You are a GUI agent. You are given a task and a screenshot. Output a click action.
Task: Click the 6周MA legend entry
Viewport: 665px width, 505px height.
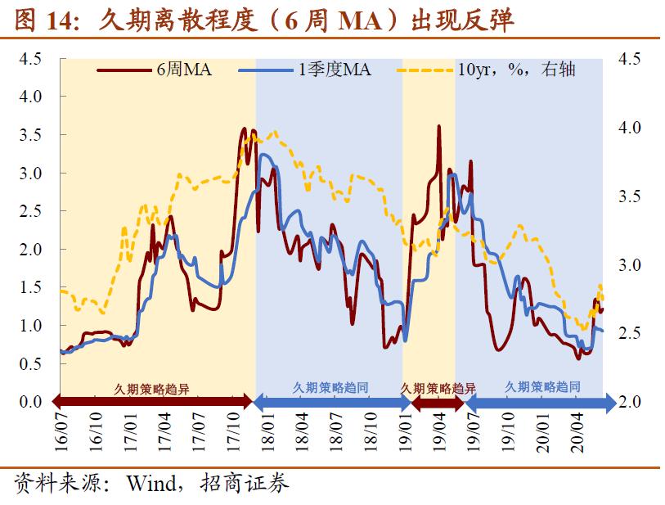click(155, 70)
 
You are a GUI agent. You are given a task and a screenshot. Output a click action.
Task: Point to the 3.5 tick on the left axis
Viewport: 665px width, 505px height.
click(31, 135)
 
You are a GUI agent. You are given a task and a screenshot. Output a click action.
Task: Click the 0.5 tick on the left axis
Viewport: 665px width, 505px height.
click(31, 364)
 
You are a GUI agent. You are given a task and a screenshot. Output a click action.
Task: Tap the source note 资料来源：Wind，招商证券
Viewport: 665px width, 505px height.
click(152, 484)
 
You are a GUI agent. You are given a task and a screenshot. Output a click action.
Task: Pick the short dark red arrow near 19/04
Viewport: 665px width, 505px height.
click(437, 402)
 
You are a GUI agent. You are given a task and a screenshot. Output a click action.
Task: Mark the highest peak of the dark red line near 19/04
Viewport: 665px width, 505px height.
click(439, 127)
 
